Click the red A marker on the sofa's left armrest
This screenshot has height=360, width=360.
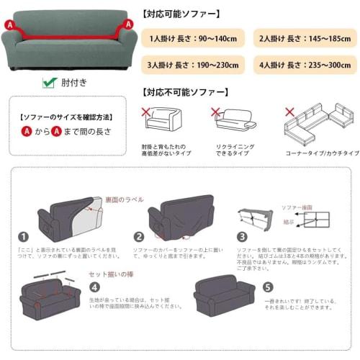click(9, 24)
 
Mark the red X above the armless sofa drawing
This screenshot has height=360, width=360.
click(146, 112)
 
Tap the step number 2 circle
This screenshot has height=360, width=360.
click(139, 236)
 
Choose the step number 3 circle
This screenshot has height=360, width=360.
click(242, 236)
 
